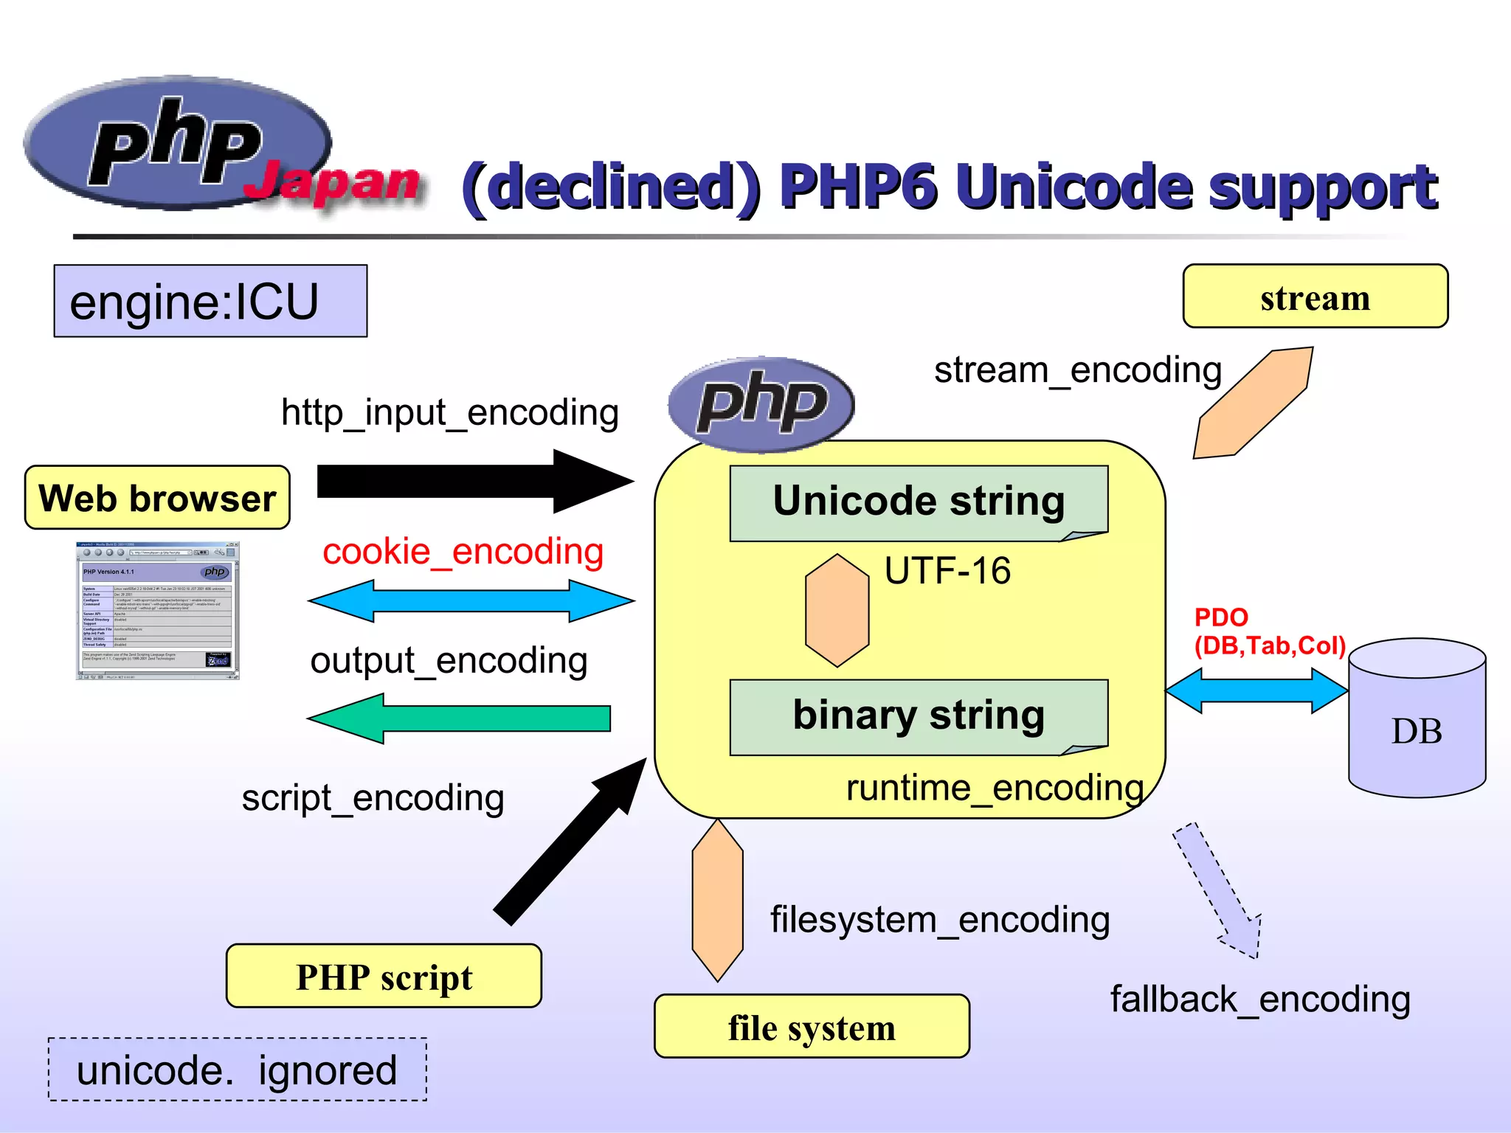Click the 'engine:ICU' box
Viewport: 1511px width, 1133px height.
click(210, 301)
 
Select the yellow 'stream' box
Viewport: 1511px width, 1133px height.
click(1315, 297)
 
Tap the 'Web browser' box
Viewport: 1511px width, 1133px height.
click(157, 498)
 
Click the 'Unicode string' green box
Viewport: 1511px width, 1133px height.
click(919, 502)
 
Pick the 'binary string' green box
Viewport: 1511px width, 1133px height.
click(919, 716)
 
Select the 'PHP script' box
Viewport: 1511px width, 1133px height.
click(384, 976)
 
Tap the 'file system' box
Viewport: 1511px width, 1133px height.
click(812, 1026)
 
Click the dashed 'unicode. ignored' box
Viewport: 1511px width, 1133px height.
click(238, 1070)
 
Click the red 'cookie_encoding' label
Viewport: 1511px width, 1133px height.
click(463, 552)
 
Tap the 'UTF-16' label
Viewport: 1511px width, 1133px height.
click(947, 571)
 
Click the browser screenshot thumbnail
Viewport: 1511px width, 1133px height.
click(157, 611)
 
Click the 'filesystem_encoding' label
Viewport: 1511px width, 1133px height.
click(940, 920)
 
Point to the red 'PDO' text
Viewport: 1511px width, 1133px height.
click(1221, 617)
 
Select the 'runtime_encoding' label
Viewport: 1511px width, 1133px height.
click(995, 788)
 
